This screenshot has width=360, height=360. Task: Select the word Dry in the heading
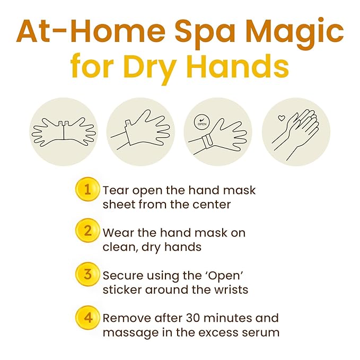coord(151,68)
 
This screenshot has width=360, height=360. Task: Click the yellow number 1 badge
coord(87,189)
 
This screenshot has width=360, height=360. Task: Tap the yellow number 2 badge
coord(87,231)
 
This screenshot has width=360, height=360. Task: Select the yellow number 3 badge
coord(87,274)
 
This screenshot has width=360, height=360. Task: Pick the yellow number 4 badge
coord(87,318)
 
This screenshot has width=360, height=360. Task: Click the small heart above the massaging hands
coord(282,118)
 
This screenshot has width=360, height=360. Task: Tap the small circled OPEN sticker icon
coord(202,122)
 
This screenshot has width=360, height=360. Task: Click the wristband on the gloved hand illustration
coord(207,142)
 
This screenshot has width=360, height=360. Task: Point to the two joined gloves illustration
coord(64,132)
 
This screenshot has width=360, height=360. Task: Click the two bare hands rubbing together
coord(295,134)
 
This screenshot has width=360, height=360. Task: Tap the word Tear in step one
coord(116,190)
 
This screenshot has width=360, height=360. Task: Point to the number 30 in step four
coord(193,318)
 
